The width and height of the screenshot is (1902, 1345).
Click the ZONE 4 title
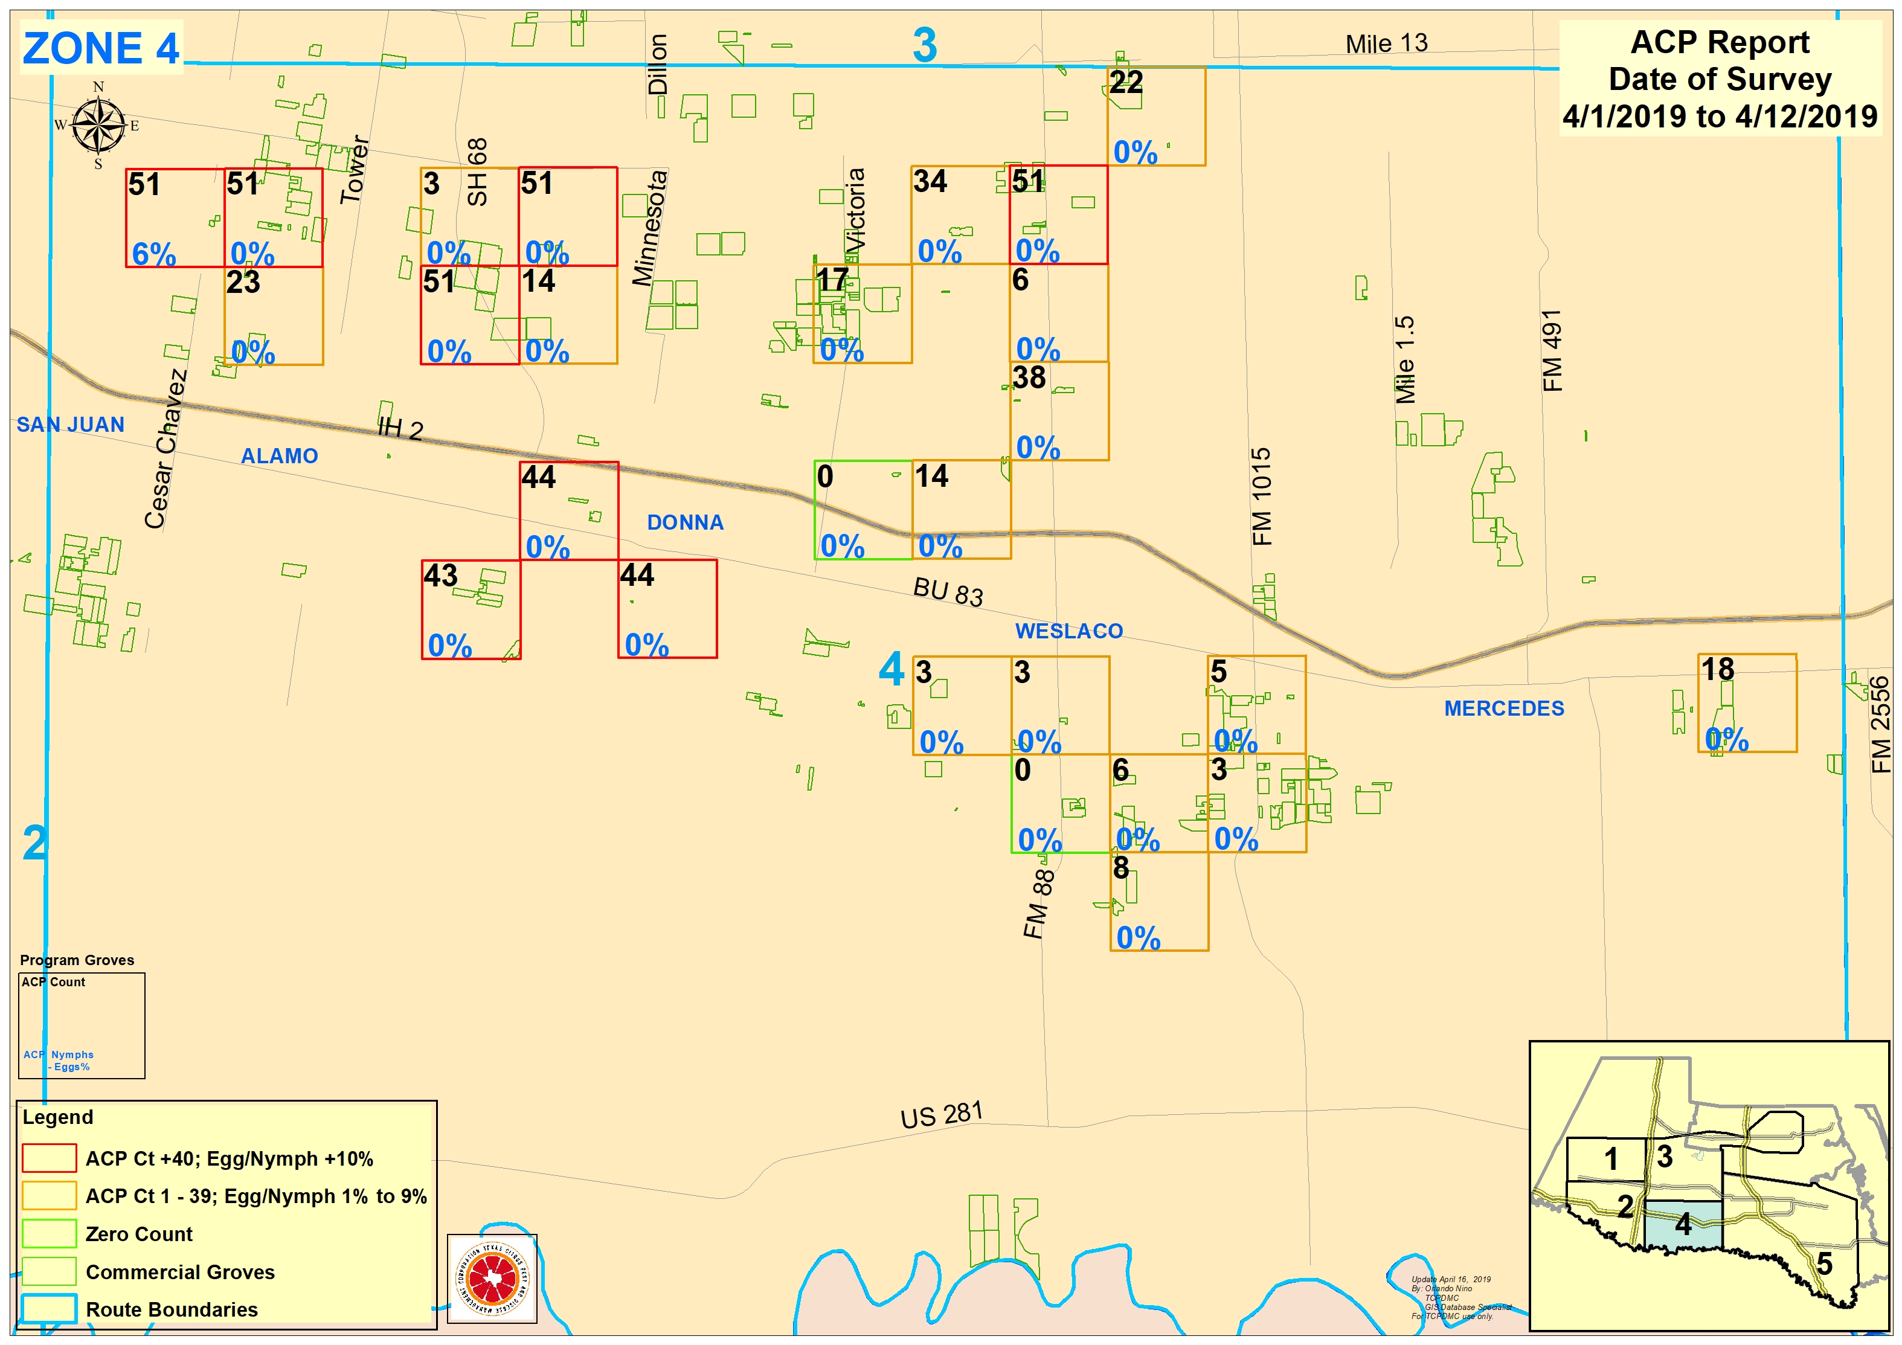coord(100,48)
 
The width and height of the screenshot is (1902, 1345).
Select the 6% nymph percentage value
coord(153,254)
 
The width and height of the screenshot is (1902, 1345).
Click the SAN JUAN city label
coord(71,425)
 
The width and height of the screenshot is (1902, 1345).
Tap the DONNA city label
coord(685,522)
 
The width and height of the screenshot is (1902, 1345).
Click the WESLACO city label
coord(1068,631)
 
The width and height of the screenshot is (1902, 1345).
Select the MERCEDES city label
coord(1503,709)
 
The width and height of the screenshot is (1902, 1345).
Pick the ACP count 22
coord(1126,82)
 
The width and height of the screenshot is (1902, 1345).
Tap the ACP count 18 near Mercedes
coord(1717,669)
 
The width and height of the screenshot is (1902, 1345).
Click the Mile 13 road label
coord(1386,43)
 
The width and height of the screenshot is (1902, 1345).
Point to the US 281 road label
coord(941,1115)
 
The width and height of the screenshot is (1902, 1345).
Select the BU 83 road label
coord(948,591)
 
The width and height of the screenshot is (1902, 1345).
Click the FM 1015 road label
coord(1261,497)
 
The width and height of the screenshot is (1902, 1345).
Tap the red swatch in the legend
coord(49,1158)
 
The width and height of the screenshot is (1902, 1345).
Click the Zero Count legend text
coord(138,1234)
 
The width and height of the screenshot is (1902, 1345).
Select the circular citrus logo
coord(492,1279)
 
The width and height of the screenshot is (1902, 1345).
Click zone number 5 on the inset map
coord(1824,1265)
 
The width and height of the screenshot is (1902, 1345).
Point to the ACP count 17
coord(832,280)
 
